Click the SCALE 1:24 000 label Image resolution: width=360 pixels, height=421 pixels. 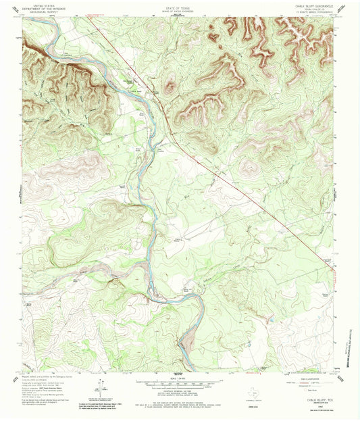pos(180,378)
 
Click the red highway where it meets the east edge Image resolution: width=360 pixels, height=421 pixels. pos(336,262)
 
